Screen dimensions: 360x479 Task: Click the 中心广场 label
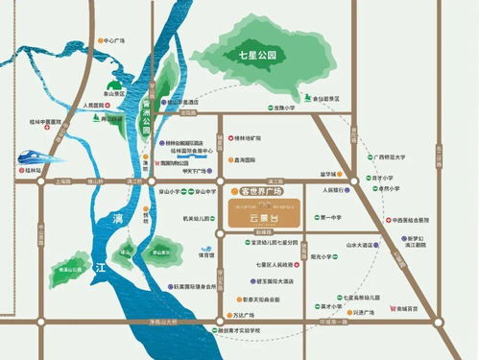tap(112, 41)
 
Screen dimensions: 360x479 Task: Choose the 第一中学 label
tap(332, 218)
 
